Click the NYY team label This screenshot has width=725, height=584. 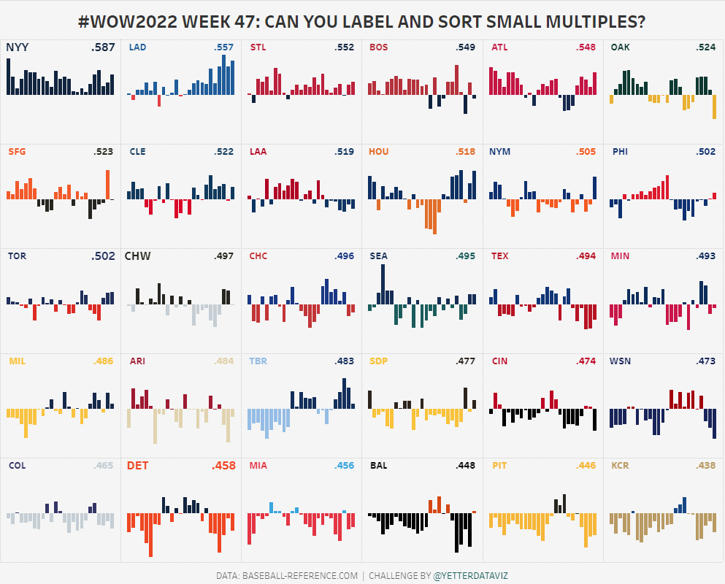click(18, 47)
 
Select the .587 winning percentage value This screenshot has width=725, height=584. click(103, 47)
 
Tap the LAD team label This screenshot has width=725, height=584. click(137, 47)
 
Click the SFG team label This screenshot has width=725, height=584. click(18, 152)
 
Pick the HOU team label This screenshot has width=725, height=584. click(379, 152)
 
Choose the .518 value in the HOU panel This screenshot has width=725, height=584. click(464, 152)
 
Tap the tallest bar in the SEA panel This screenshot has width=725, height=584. click(383, 283)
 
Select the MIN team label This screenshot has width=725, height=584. click(620, 256)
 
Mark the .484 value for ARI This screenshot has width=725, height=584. click(223, 361)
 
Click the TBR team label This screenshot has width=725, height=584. click(258, 361)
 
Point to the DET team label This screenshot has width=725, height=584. click(137, 465)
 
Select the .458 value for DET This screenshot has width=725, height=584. click(223, 465)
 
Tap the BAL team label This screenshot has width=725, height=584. click(379, 465)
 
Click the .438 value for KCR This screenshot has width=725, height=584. click(706, 465)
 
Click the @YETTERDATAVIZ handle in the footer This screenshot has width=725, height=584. click(470, 575)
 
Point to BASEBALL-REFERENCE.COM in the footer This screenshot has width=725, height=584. click(300, 575)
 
